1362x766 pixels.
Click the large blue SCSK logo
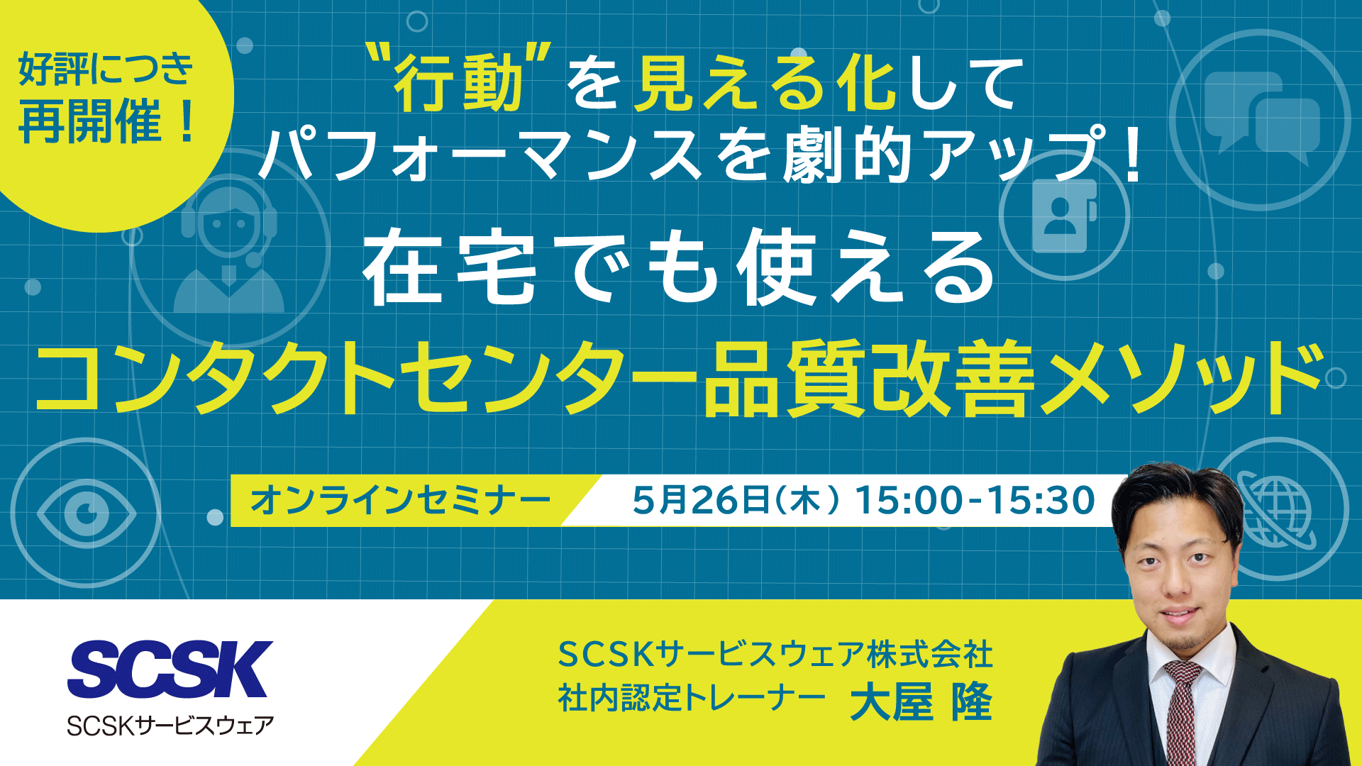pos(170,668)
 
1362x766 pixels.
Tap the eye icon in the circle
pos(87,511)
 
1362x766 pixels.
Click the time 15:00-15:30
pos(975,500)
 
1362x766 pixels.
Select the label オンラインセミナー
pos(401,500)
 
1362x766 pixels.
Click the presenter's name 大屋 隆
pos(921,701)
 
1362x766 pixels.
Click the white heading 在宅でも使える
pos(679,268)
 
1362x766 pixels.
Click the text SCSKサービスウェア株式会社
pos(775,654)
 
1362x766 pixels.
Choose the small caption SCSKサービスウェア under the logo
pos(170,725)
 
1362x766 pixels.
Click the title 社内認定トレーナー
pos(692,699)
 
